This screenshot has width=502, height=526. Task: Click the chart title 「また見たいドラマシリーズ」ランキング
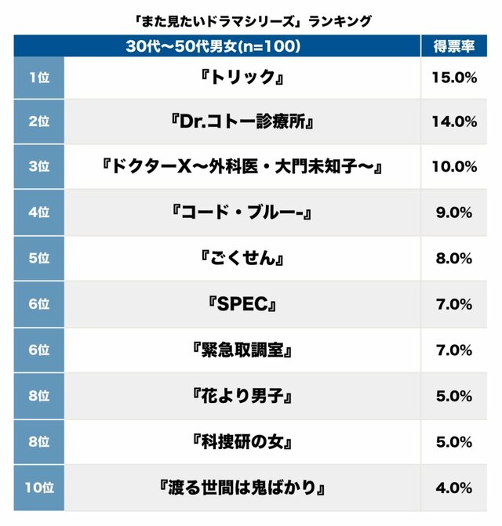tap(251, 21)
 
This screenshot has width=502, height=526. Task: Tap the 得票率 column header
tap(454, 46)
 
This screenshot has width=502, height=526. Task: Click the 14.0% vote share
tap(454, 122)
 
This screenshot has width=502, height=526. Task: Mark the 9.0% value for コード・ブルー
tap(454, 213)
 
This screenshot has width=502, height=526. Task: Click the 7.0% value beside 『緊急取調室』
tap(454, 350)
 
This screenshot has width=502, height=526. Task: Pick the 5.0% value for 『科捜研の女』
tap(454, 442)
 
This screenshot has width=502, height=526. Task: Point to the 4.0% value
tap(454, 488)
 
